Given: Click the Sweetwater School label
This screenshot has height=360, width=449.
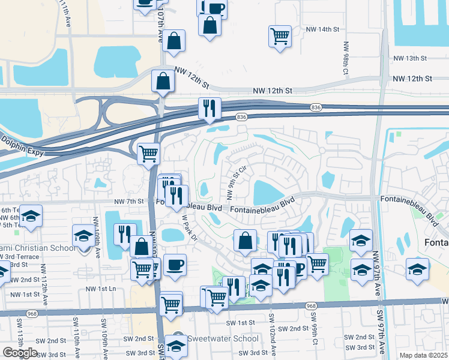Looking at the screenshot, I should tap(223, 338).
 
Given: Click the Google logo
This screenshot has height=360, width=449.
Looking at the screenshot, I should tap(20, 352).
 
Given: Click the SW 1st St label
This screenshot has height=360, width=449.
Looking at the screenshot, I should tap(241, 323).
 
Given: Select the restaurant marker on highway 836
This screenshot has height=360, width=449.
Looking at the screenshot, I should tap(209, 109).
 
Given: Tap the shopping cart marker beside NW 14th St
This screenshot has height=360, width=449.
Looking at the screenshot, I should tap(280, 36).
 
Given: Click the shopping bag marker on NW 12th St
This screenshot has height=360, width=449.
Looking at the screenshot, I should tap(163, 81).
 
